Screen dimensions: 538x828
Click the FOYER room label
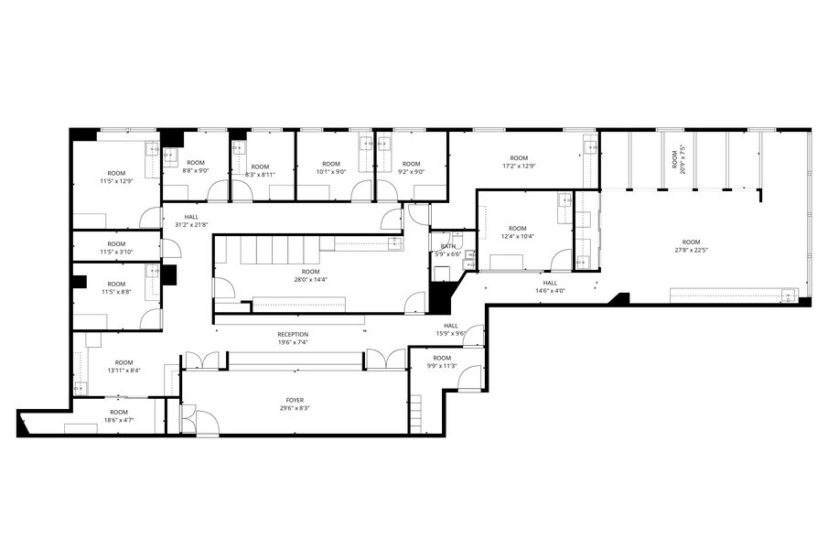coord(294,400)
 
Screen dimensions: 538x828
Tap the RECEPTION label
coord(293,334)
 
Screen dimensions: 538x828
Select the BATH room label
coord(448,246)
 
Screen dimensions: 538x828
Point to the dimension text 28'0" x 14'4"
coord(311,280)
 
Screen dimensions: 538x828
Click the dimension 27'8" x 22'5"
coord(691,250)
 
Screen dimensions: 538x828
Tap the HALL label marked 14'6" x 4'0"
coord(550,291)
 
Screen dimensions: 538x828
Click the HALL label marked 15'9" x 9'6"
coord(451,334)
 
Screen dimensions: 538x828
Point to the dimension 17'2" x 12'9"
coord(519,166)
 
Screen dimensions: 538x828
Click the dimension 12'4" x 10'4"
coord(518,237)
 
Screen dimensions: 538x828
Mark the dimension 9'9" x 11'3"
coord(442,366)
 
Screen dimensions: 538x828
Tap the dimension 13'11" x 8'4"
coord(124,370)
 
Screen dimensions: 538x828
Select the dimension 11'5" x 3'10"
coord(116,252)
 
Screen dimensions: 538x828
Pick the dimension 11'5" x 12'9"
coord(116,181)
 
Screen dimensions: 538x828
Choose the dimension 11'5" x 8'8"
coord(116,292)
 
